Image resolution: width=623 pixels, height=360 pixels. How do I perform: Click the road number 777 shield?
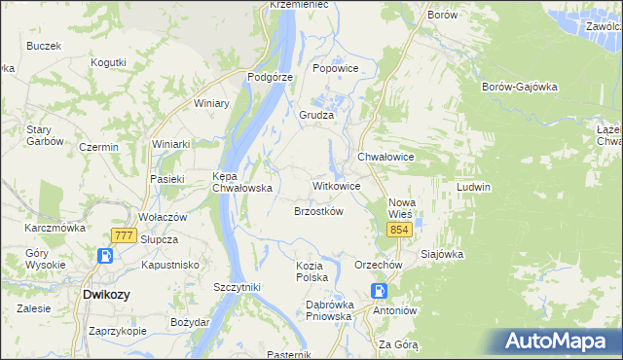[123, 235]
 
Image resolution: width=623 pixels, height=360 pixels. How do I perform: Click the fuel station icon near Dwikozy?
[105, 257]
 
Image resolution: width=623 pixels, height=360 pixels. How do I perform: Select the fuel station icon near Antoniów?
[380, 291]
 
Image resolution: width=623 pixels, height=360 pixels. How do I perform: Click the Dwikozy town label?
[107, 293]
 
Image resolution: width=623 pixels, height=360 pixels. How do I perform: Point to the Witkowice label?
[337, 185]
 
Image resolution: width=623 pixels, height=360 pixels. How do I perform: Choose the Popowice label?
[336, 69]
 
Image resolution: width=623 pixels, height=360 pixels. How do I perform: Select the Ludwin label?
[473, 186]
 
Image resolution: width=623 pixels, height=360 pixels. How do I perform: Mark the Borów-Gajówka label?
[519, 86]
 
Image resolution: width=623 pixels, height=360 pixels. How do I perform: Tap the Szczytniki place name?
[237, 287]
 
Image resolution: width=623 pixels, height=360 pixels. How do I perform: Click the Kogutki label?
[108, 62]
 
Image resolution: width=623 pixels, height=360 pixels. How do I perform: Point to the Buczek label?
[44, 46]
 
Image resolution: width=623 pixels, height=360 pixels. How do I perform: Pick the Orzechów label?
[379, 265]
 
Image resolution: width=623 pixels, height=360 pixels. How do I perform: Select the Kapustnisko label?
[170, 265]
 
